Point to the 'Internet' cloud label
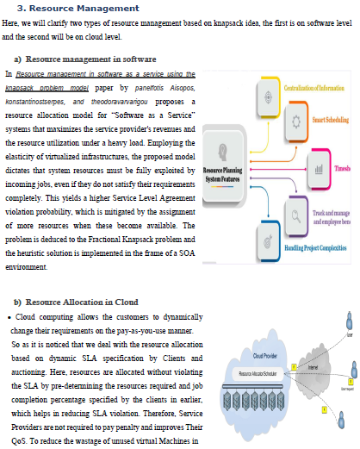pyautogui.click(x=313, y=367)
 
